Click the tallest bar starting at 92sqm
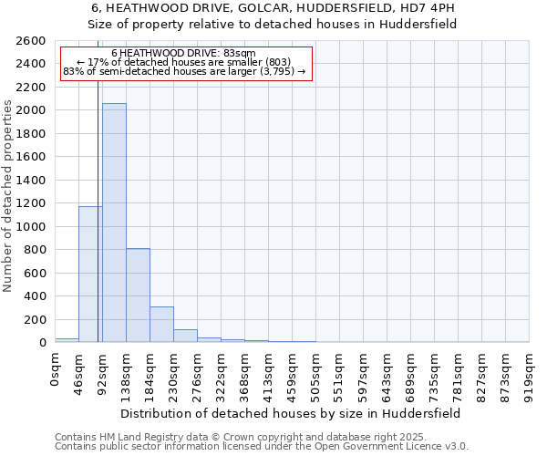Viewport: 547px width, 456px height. click(x=114, y=223)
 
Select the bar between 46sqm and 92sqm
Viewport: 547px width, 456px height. click(x=90, y=274)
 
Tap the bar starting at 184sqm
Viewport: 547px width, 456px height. click(x=161, y=324)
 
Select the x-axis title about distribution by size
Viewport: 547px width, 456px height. click(x=291, y=413)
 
